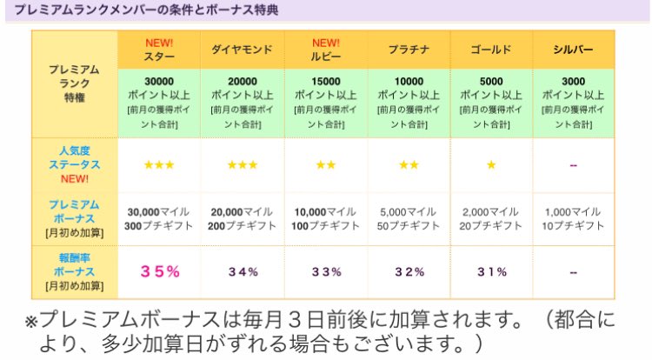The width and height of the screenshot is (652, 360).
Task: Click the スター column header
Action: point(159,57)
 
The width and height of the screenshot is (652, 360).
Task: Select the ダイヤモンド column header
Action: point(243,50)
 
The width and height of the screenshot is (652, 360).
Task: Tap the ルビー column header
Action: point(326,57)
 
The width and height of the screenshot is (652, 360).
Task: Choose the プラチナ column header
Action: point(409,50)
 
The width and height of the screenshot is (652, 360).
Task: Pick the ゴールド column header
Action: point(491,50)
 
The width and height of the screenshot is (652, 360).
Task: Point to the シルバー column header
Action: point(573,50)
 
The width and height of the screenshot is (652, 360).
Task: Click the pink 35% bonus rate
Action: point(160,271)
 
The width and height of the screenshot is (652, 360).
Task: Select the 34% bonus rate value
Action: point(243,272)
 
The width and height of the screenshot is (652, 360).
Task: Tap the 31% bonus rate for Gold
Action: point(492,272)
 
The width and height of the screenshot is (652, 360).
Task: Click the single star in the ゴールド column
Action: point(491,164)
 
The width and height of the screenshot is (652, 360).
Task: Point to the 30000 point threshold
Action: point(160,82)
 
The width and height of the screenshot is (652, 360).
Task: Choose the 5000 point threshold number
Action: point(492,82)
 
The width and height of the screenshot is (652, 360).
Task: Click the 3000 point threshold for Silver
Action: point(574,82)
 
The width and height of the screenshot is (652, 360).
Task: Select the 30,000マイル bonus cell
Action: point(160,211)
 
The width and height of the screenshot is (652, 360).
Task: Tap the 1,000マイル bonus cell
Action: point(574,211)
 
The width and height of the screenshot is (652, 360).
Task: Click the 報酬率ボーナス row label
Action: point(74,271)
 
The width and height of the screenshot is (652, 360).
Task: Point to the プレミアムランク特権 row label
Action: point(74,84)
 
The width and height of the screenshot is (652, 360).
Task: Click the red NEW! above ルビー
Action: point(326,43)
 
